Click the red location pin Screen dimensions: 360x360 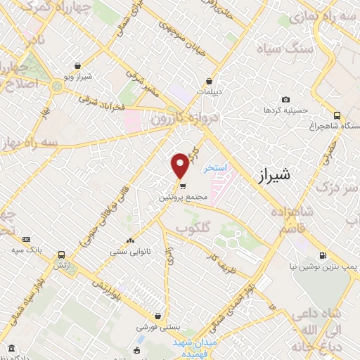pyautogui.click(x=181, y=165)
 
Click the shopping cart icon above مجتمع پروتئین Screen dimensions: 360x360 pyautogui.click(x=183, y=186)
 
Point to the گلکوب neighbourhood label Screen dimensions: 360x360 pyautogui.click(x=193, y=229)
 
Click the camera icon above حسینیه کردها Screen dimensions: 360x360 pyautogui.click(x=285, y=100)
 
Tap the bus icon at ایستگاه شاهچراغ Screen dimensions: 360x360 pyautogui.click(x=337, y=115)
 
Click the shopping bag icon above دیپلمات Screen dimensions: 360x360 pyautogui.click(x=209, y=82)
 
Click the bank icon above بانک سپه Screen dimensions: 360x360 pyautogui.click(x=27, y=240)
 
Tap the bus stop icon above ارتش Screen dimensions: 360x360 pyautogui.click(x=62, y=255)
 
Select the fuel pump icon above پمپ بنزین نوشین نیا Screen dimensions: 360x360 pyautogui.click(x=322, y=255)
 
